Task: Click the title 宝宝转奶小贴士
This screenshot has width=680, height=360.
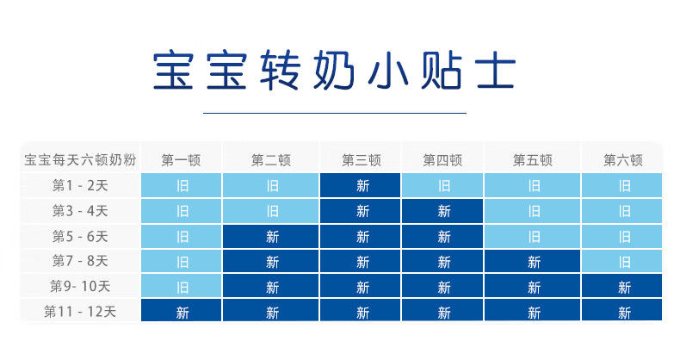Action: (334, 70)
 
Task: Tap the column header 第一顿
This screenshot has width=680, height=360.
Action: (182, 160)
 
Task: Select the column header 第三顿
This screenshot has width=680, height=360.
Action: (362, 160)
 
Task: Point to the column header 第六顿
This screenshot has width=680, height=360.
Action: (622, 160)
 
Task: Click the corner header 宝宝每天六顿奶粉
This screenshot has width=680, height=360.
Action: (80, 160)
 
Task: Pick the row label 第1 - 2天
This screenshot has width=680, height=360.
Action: (80, 186)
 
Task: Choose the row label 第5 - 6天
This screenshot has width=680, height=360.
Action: (80, 236)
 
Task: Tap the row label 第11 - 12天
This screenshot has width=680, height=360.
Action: (80, 312)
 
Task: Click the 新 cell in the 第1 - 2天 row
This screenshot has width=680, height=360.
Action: (361, 185)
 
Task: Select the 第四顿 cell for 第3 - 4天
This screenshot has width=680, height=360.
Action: (442, 211)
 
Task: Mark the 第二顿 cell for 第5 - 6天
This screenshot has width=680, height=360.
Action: (270, 236)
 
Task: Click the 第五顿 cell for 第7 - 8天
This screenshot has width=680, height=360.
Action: (533, 262)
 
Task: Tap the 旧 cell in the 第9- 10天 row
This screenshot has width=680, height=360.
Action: (182, 286)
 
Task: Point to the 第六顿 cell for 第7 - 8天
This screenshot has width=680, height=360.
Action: (622, 262)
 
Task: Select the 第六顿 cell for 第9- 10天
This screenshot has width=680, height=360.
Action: (622, 286)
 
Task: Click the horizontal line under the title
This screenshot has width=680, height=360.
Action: (335, 113)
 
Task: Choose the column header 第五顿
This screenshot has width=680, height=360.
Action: (533, 160)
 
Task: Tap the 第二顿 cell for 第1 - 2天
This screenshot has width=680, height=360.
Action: (270, 185)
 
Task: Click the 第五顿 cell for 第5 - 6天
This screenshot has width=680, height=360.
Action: (533, 236)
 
